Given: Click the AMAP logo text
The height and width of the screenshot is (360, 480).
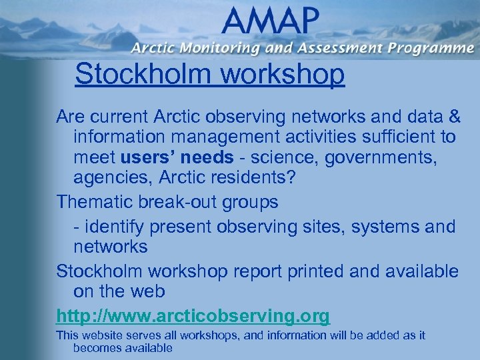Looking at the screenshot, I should pos(271,21).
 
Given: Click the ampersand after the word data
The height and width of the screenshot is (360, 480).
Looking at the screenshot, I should pos(453,117).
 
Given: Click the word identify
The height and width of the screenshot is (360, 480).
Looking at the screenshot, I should pos(114,227).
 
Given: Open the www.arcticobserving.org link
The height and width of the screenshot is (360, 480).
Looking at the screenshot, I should pos(193,315).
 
